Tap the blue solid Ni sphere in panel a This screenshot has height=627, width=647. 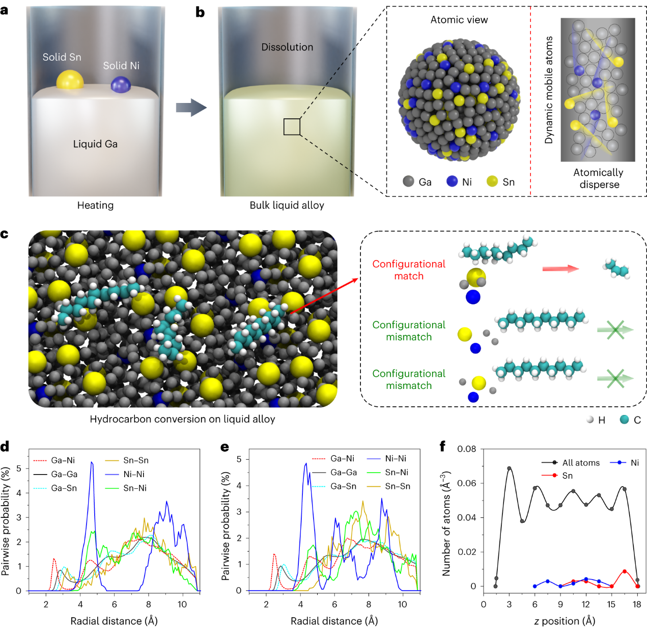121,84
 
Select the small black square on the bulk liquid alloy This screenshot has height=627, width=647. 292,126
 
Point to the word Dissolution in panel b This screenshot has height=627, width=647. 287,47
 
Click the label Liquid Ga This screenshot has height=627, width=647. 95,144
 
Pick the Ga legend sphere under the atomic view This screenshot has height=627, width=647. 408,181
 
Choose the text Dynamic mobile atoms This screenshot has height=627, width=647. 549,90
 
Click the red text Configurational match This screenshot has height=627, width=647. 408,270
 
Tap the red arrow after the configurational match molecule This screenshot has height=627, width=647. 560,269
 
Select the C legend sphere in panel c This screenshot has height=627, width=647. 625,420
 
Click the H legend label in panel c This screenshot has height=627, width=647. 602,420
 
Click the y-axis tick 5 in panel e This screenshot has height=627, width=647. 239,459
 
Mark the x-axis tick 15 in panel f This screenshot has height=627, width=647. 611,604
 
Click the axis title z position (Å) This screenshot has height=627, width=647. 565,621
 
